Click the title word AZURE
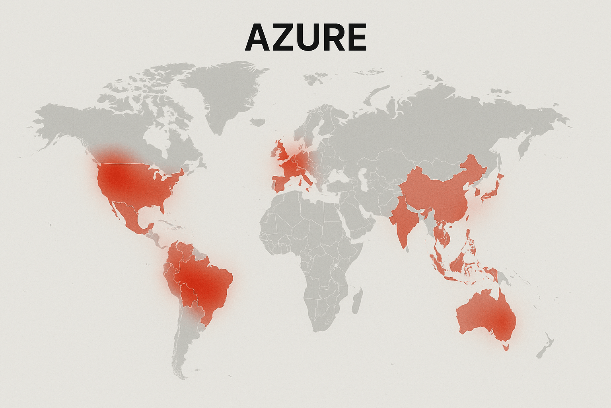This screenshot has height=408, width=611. click(x=305, y=37)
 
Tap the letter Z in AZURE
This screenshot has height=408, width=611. click(x=281, y=37)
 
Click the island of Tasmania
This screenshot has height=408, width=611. click(x=506, y=347)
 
